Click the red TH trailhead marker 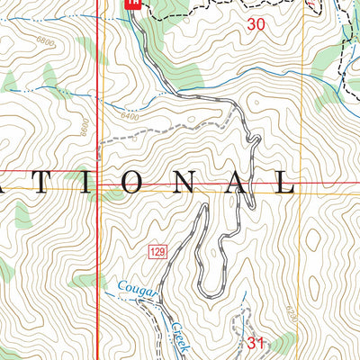click(x=132, y=4)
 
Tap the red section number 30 click(x=256, y=26)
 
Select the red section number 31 click(x=255, y=342)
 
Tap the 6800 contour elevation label click(x=44, y=42)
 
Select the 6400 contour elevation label click(x=131, y=114)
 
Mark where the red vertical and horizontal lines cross click(x=97, y=170)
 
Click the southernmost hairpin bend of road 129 click(x=211, y=294)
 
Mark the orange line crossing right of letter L click(x=304, y=190)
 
